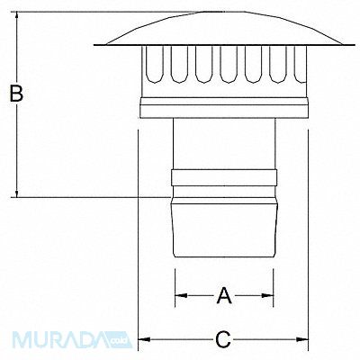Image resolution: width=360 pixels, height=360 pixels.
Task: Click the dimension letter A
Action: (x=224, y=293)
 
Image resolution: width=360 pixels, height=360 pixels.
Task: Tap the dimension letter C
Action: (x=224, y=339)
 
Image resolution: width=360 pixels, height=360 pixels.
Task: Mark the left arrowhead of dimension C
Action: (x=140, y=339)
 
